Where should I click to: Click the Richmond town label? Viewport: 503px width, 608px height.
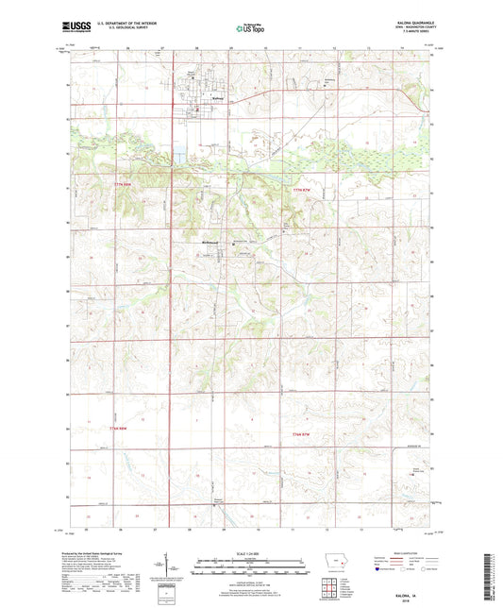[210, 242]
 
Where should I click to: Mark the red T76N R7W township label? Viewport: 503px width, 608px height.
[302, 432]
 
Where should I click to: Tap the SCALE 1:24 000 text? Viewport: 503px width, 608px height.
[251, 552]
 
